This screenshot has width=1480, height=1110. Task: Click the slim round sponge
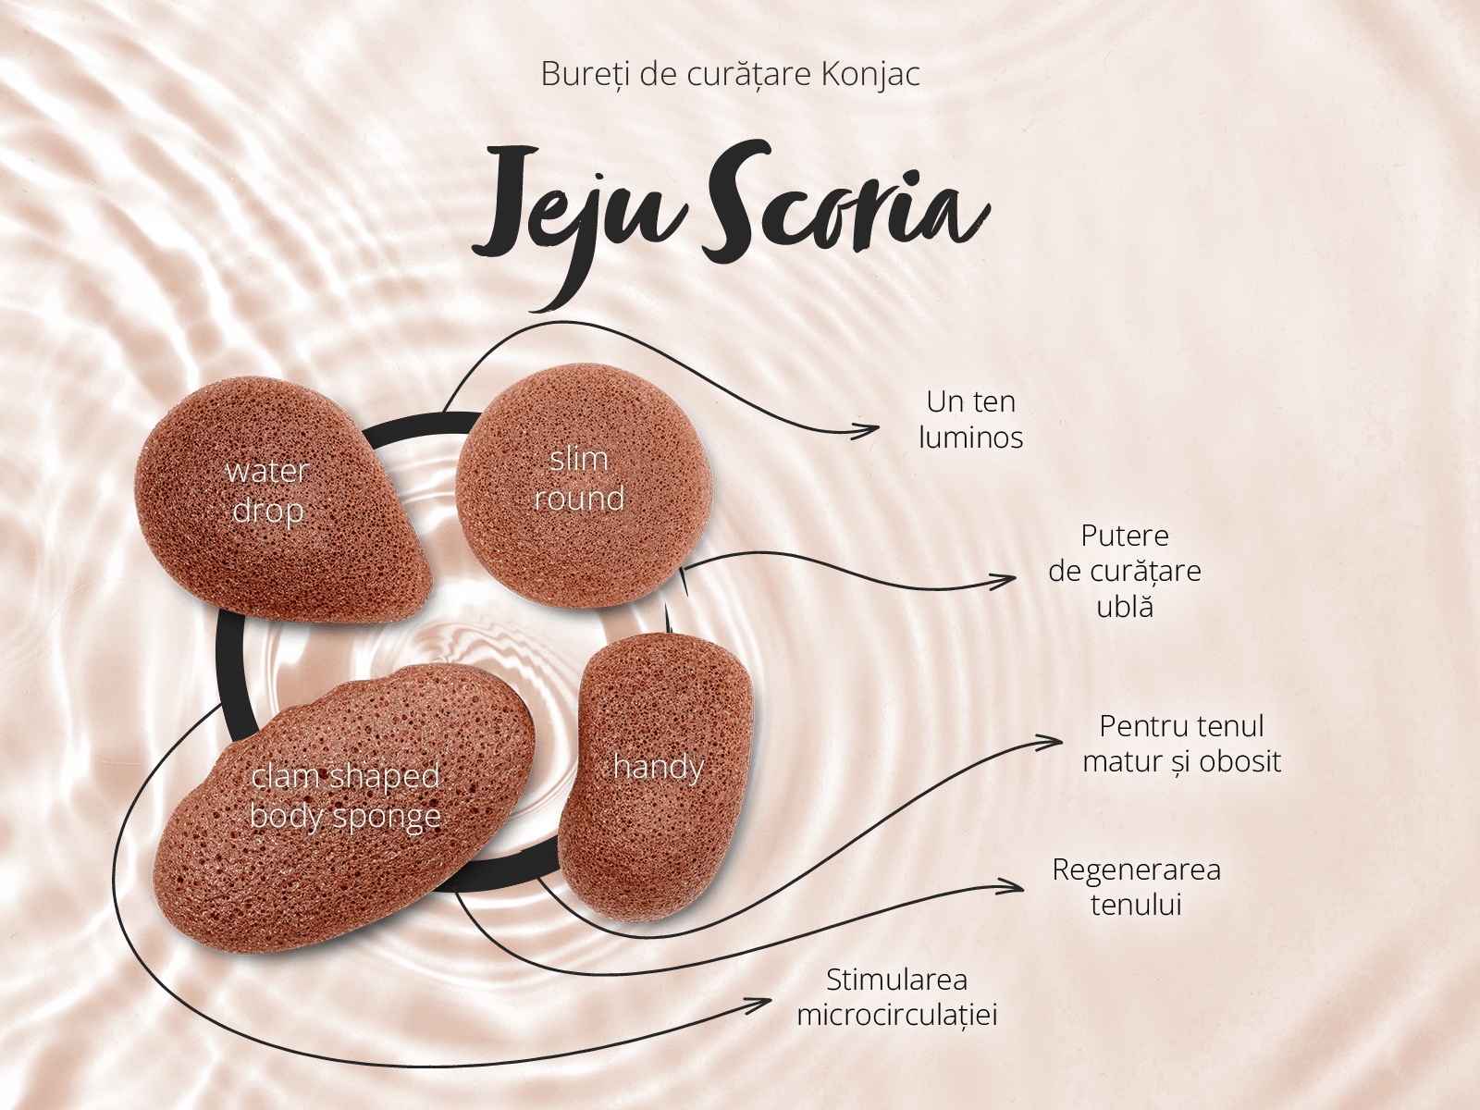584,486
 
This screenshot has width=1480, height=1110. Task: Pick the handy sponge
656,776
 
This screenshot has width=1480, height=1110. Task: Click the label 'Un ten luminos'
971,419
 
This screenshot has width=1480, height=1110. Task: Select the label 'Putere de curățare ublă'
1125,571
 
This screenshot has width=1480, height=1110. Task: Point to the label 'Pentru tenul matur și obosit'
1181,744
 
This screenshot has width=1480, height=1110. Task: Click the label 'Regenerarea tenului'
1136,887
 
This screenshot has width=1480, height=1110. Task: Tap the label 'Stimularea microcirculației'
896,997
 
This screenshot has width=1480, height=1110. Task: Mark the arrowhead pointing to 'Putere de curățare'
1005,579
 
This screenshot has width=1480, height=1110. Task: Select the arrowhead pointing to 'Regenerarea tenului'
1011,887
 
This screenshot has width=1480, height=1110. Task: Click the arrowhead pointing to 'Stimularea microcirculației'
759,1003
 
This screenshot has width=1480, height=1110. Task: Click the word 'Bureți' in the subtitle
586,75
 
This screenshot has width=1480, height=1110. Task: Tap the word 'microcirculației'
896,1016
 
